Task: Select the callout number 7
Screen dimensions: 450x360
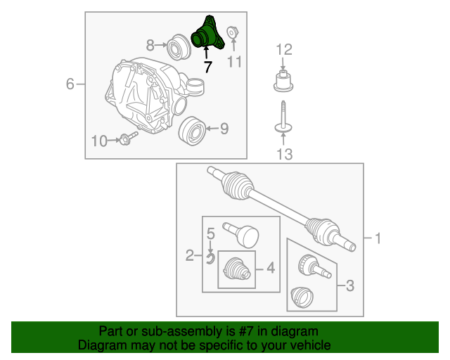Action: click(208, 67)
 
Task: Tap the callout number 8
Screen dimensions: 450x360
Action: click(150, 46)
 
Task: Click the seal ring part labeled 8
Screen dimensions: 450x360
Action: click(179, 47)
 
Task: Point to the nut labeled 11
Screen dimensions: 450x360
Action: click(231, 32)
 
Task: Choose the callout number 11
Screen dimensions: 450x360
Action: click(234, 61)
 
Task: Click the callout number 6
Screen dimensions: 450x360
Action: click(70, 84)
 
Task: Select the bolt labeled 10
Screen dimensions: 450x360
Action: click(128, 138)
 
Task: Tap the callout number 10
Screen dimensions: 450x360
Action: click(99, 141)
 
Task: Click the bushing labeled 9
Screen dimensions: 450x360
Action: click(192, 131)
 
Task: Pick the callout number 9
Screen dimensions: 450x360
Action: click(224, 129)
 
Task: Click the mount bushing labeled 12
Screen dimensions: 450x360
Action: click(283, 81)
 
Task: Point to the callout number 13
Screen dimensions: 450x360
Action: click(284, 154)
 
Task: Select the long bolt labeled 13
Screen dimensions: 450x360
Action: click(283, 117)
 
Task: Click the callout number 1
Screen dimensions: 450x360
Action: click(378, 238)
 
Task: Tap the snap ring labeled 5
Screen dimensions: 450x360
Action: click(211, 259)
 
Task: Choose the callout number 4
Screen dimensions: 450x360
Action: click(271, 268)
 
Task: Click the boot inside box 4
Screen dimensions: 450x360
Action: click(237, 269)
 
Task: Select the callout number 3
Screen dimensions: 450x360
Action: click(350, 285)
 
